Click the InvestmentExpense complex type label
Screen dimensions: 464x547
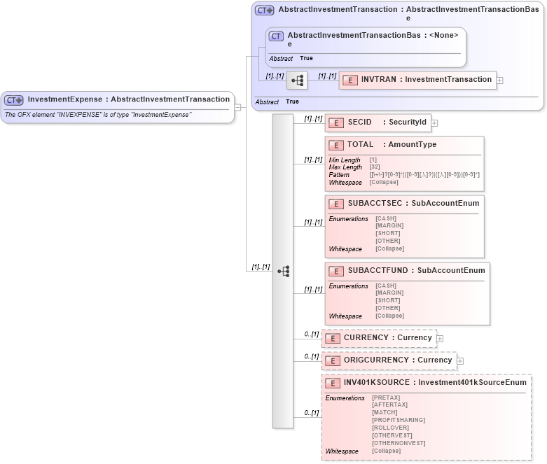point(128,99)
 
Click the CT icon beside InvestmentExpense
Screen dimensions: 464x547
point(14,100)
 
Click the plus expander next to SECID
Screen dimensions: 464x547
point(435,123)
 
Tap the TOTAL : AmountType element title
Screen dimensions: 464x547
point(392,145)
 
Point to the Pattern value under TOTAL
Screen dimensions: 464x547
point(424,175)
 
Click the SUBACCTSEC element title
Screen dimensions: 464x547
point(413,204)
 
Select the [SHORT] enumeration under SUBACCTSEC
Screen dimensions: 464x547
point(388,233)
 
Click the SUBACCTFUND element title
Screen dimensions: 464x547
point(416,271)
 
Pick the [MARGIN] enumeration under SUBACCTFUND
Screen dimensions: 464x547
point(389,293)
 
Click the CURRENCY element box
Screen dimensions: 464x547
point(379,338)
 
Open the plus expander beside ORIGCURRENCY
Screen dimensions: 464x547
point(460,361)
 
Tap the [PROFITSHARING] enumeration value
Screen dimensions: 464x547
point(399,420)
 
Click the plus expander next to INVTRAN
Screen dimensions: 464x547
point(499,80)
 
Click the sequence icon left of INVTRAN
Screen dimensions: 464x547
point(298,80)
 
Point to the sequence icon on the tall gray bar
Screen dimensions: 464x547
point(283,271)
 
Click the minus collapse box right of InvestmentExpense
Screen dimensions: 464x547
point(238,107)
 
